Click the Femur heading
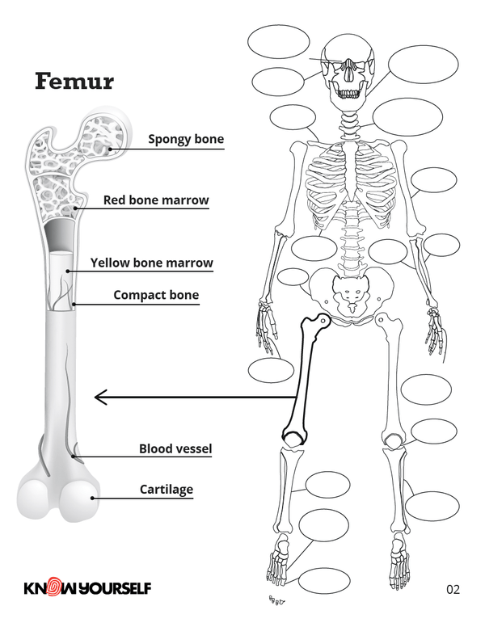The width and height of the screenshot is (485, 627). click(74, 82)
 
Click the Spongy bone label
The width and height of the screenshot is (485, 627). click(185, 140)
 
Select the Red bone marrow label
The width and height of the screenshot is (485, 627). click(156, 200)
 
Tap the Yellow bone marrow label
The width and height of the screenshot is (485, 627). click(151, 263)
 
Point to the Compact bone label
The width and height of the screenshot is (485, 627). click(156, 296)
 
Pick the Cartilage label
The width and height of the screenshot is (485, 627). click(167, 490)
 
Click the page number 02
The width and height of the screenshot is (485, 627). click(453, 589)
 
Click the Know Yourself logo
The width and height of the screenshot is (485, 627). click(87, 588)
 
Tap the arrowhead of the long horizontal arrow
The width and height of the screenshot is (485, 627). click(99, 397)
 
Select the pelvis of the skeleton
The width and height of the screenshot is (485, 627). click(349, 296)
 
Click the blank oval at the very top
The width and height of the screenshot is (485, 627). click(279, 41)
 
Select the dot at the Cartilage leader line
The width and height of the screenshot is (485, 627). click(92, 498)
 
